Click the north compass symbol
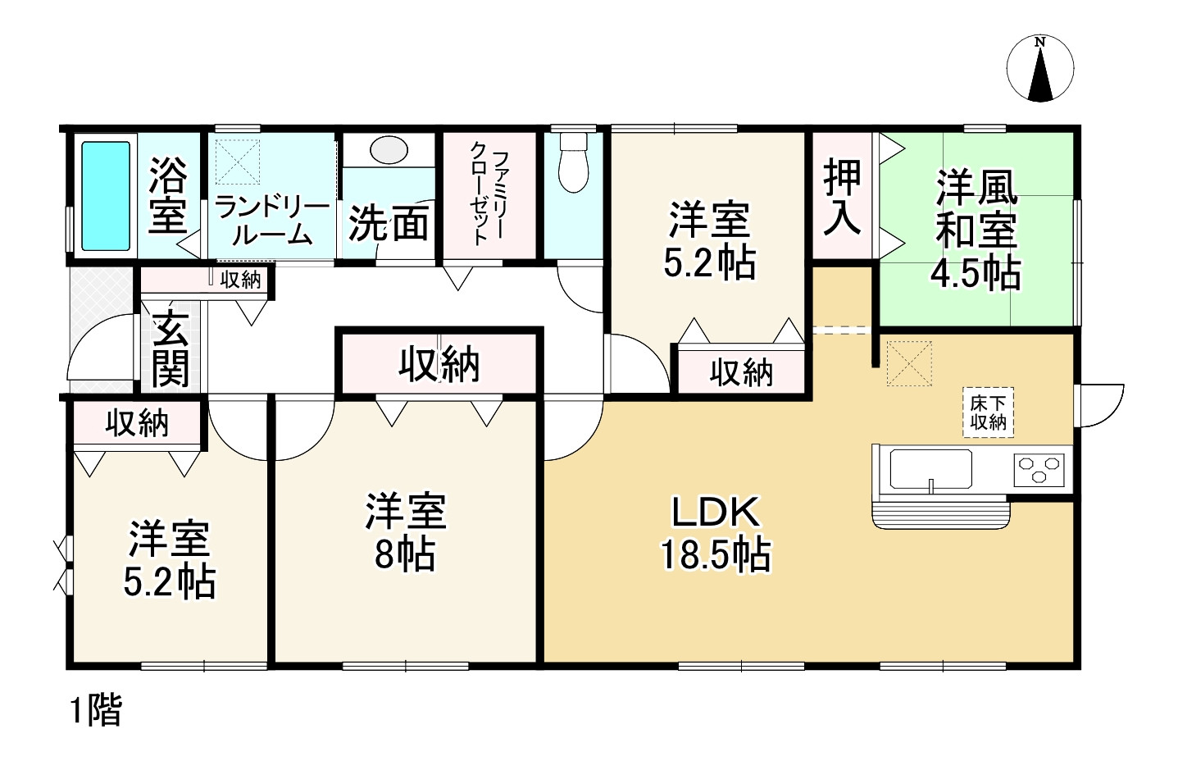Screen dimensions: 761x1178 (x=1039, y=71)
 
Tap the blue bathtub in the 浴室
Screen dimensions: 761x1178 (x=105, y=196)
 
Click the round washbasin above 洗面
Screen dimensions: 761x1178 (x=389, y=151)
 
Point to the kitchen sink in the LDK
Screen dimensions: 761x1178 (x=930, y=469)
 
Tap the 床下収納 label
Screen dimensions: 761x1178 (x=988, y=412)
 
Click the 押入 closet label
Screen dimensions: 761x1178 (x=843, y=197)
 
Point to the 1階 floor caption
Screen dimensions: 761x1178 (x=95, y=710)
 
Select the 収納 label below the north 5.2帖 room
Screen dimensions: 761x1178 (x=741, y=373)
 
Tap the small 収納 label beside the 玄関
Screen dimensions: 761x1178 (x=240, y=280)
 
